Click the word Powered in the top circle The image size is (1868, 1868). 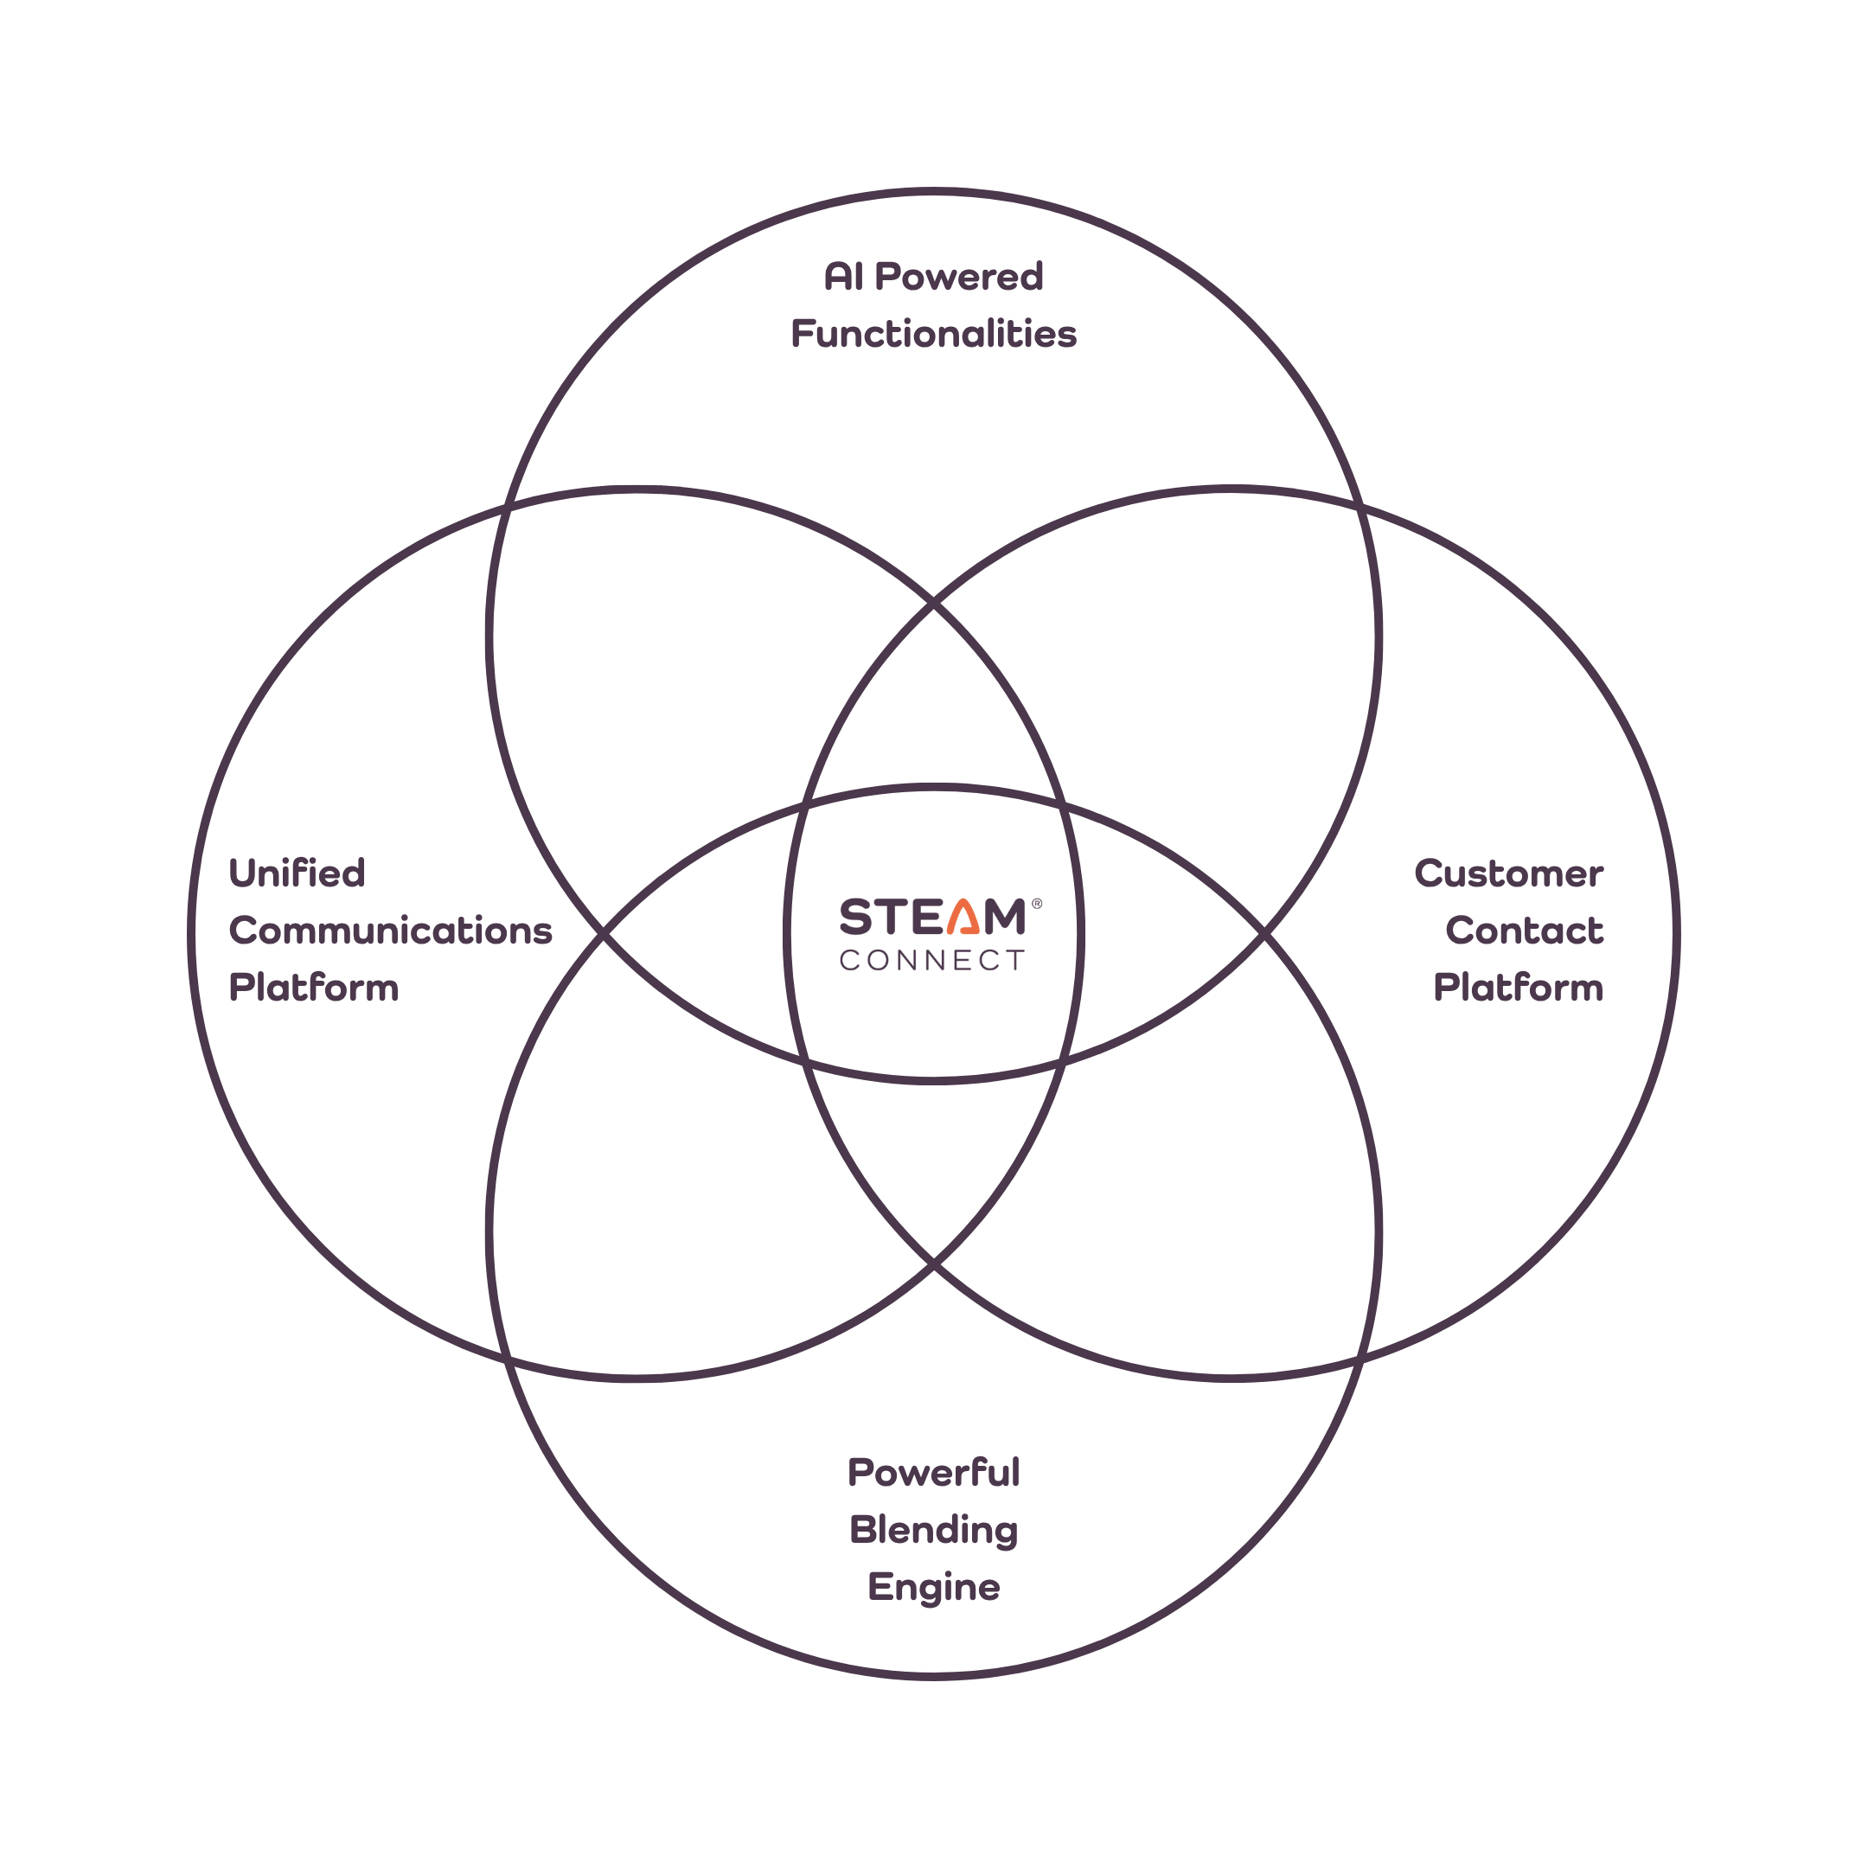959,277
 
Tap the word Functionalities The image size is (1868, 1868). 934,334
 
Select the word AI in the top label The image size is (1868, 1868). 844,277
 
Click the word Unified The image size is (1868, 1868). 297,873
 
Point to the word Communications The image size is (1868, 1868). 391,931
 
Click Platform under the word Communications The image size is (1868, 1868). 314,987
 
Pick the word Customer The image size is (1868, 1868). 1509,873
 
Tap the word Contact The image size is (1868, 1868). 1525,931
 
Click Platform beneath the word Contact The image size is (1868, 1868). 1519,987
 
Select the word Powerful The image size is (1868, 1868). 934,1473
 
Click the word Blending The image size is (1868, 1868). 934,1531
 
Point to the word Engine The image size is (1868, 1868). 934,1588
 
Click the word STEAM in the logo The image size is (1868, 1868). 933,917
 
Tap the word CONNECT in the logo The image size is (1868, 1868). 932,960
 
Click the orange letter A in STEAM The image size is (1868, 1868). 964,917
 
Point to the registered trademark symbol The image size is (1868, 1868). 1038,903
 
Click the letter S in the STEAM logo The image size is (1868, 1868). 855,917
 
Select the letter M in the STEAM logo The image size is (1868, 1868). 1006,917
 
